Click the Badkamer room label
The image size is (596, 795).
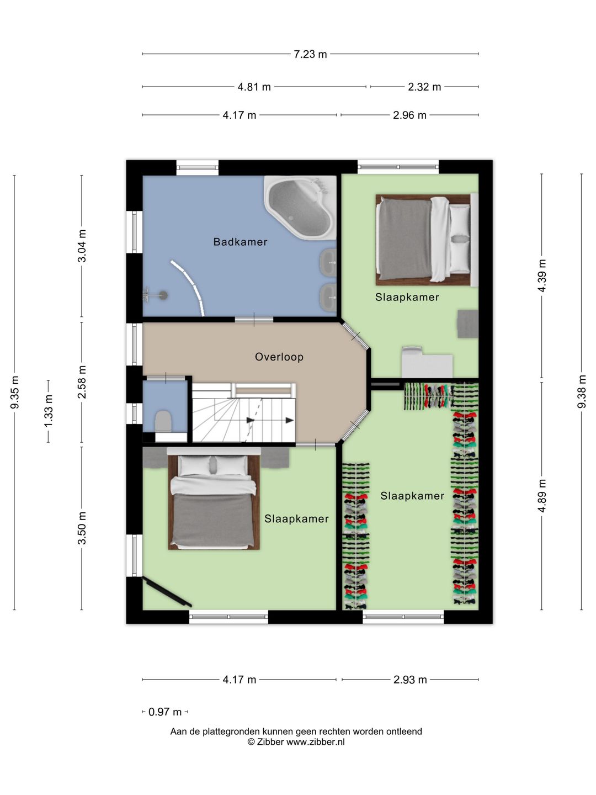pos(240,242)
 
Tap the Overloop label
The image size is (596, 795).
pos(279,357)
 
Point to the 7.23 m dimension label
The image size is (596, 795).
pos(310,54)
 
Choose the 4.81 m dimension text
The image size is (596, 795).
pos(254,87)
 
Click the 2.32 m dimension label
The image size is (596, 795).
pos(424,87)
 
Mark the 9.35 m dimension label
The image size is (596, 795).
pos(15,392)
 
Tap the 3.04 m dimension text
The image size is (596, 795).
pos(82,246)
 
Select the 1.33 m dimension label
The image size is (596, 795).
pos(49,411)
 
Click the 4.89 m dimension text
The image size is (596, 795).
pos(542,495)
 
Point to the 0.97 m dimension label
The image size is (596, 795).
pos(165,712)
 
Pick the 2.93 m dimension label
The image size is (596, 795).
pos(410,680)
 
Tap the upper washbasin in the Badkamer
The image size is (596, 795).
pos(328,261)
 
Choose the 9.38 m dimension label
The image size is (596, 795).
pos(582,391)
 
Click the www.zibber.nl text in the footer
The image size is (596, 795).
pos(315,742)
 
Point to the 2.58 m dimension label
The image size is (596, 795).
pos(82,382)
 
